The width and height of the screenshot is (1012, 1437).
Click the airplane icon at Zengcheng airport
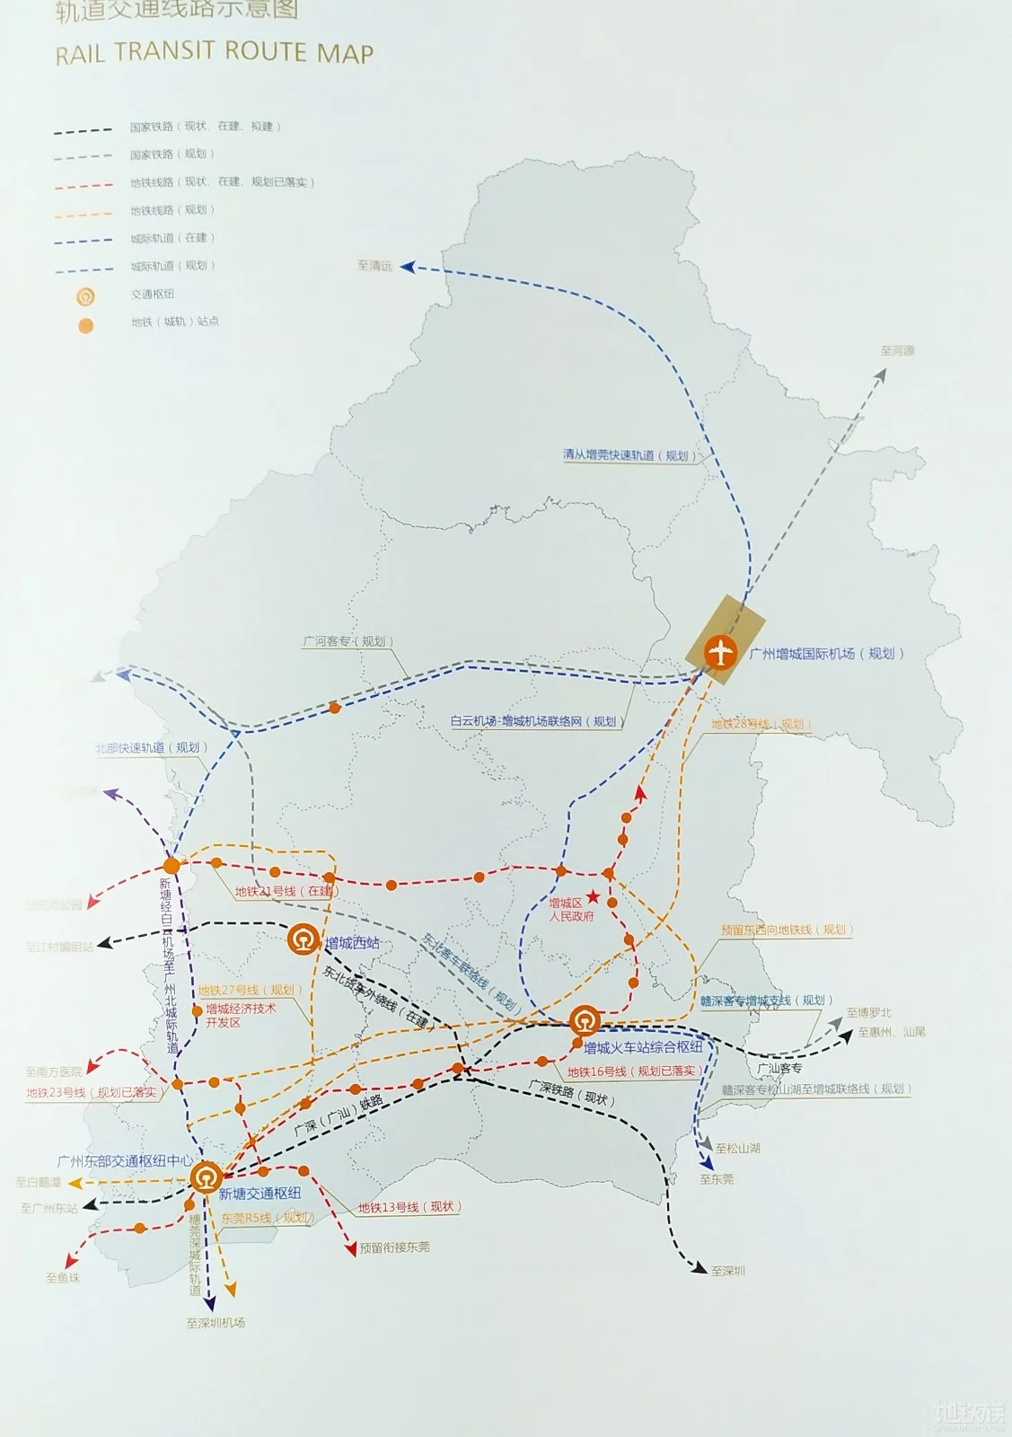(720, 652)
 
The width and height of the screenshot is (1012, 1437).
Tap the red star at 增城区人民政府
(594, 896)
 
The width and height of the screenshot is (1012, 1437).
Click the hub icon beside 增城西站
(304, 940)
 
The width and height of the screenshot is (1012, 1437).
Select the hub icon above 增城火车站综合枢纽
(585, 1021)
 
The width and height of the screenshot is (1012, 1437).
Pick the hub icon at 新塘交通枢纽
(206, 1177)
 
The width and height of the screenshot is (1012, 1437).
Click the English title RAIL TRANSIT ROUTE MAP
(214, 53)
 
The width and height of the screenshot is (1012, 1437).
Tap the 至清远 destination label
(374, 266)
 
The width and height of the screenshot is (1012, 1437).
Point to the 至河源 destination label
(896, 351)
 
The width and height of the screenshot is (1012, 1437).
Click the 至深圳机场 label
(216, 1323)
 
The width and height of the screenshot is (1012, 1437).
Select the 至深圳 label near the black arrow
(727, 1271)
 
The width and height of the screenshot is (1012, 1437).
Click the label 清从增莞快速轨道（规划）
(625, 455)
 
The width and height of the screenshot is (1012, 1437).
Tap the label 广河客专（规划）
(348, 641)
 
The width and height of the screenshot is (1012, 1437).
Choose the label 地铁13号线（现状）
(409, 1207)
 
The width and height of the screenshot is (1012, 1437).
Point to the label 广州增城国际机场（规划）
(826, 654)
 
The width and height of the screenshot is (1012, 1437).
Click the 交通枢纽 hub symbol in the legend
(86, 295)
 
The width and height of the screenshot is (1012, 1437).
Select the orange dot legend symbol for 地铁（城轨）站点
(86, 325)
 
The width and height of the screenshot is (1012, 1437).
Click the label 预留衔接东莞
(394, 1247)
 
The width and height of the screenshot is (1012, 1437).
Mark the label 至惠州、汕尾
(891, 1033)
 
